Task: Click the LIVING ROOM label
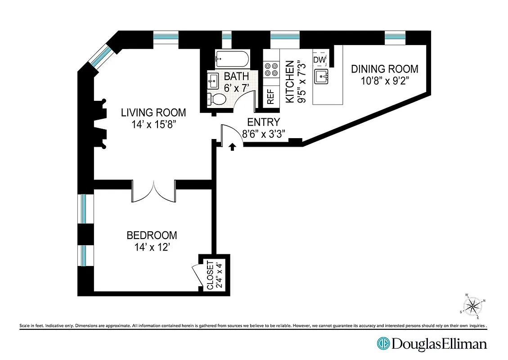153,112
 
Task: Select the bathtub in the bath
231,58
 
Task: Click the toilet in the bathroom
218,99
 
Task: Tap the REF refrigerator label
270,97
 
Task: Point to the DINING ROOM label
384,69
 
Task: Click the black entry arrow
233,147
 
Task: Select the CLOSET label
210,274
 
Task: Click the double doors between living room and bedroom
153,191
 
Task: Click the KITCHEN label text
290,82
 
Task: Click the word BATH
236,76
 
